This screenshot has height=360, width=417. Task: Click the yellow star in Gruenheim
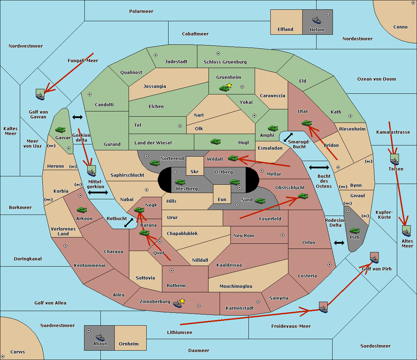point(229,85)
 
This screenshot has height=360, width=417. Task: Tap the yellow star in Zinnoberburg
point(182,301)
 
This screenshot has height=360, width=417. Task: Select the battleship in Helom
point(317,20)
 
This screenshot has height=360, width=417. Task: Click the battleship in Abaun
point(100,337)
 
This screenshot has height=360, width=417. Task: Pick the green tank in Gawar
point(60,129)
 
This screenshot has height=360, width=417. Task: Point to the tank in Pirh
point(354,231)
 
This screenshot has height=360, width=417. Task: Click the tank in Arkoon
point(82,210)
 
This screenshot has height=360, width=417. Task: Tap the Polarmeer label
point(141,11)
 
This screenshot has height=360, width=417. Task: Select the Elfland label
point(285,30)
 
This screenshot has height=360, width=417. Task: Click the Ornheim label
point(129,344)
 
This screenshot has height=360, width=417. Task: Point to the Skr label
point(195,172)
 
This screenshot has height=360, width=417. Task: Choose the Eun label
point(222,200)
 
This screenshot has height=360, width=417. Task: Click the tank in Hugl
point(216,142)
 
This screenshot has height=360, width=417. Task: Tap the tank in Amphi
point(273,128)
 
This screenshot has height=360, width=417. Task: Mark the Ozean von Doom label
point(377,79)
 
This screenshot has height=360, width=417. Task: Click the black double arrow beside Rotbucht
point(129,223)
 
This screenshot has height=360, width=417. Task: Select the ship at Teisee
point(394,160)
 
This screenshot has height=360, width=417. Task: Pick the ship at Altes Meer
point(406,231)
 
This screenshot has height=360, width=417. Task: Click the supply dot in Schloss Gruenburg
point(218,53)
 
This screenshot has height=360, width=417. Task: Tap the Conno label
point(400,27)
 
